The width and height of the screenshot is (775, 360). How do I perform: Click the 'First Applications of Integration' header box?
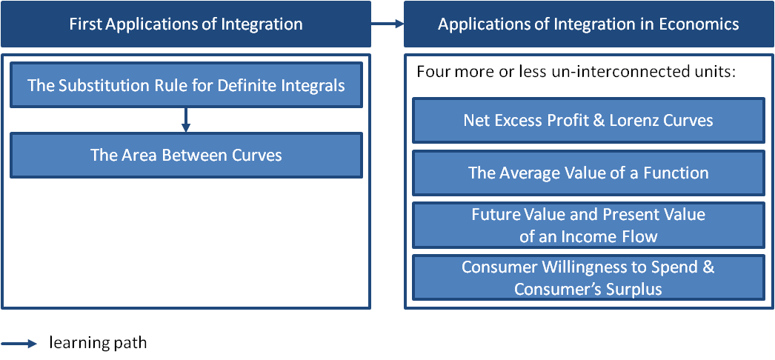(x=185, y=24)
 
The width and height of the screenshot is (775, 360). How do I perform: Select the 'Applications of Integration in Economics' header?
(x=588, y=24)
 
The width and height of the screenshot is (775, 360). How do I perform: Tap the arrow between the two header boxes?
(x=387, y=24)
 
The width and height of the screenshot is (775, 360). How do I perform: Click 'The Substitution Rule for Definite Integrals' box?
(x=186, y=85)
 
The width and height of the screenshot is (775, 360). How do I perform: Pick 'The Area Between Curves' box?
(x=186, y=156)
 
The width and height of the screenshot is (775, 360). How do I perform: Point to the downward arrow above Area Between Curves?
(x=186, y=119)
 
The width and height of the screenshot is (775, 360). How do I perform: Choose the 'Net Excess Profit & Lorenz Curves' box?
(x=588, y=120)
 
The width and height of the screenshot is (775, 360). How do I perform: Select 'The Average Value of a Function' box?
(x=588, y=173)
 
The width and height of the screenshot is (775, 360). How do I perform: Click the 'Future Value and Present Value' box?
(x=588, y=225)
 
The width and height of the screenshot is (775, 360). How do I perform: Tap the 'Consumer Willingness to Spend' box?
(x=588, y=277)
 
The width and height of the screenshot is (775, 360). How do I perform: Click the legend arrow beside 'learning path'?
(x=20, y=343)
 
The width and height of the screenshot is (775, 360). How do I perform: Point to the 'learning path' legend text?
(x=98, y=343)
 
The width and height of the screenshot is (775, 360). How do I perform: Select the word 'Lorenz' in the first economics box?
(x=639, y=120)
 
